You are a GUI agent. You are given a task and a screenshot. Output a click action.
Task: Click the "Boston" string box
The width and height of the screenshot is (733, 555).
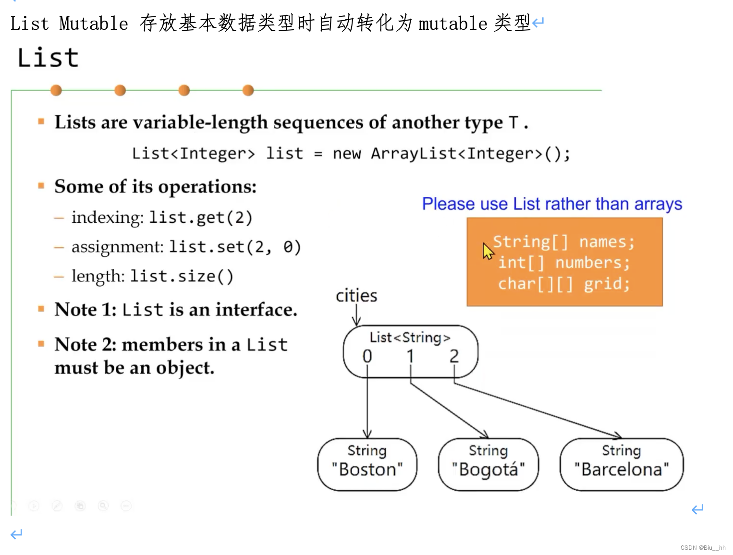click(367, 464)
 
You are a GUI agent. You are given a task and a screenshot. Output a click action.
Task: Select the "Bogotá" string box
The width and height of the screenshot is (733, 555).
click(488, 464)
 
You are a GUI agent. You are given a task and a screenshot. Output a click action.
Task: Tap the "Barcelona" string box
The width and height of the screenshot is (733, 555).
click(621, 464)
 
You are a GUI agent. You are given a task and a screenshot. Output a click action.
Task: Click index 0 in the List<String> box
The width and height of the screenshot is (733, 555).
click(367, 356)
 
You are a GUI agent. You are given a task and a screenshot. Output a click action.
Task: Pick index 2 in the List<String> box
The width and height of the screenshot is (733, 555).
click(454, 356)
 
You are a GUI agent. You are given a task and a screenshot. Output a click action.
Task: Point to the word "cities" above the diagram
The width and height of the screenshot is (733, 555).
click(356, 296)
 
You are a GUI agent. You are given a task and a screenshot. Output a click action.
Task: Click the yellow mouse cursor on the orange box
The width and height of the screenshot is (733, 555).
click(488, 251)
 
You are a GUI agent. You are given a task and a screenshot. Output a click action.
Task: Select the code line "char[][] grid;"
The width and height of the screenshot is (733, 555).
click(563, 284)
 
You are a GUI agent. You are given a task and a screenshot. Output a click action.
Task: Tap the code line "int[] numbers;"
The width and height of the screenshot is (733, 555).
click(563, 263)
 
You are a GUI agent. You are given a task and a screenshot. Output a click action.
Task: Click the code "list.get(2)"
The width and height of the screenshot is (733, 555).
click(200, 217)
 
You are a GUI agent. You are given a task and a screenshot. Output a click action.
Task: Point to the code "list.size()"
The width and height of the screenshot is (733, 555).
click(182, 277)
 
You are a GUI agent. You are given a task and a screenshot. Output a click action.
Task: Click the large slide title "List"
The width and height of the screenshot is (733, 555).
click(48, 58)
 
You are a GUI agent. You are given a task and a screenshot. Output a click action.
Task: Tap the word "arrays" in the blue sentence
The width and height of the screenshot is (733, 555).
click(658, 204)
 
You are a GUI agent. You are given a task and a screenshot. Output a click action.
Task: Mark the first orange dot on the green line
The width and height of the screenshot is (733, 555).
click(56, 90)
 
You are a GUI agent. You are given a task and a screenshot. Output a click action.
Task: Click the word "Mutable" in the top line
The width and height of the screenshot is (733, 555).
click(94, 24)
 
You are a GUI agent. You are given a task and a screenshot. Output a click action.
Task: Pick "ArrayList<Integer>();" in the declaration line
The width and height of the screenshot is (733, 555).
click(470, 154)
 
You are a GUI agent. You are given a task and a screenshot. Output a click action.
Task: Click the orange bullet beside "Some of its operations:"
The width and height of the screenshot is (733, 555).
click(41, 186)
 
